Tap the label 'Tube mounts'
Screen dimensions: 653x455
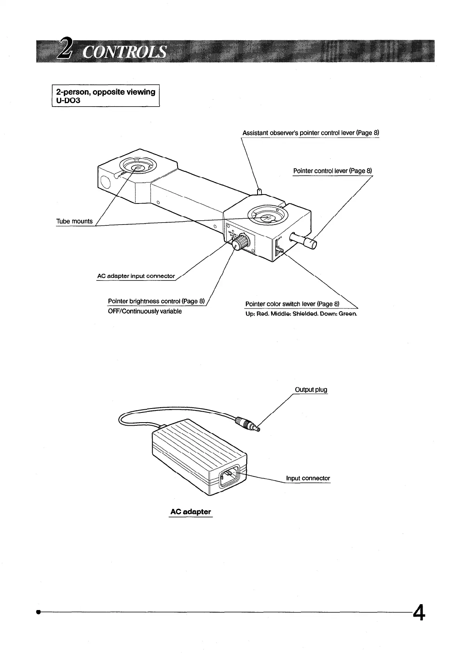tap(75, 221)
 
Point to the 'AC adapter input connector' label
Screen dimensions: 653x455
tap(136, 276)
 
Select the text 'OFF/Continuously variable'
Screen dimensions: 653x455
tap(144, 311)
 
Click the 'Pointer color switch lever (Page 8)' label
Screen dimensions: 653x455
tap(293, 304)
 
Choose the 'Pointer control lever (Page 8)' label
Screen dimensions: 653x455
tap(332, 171)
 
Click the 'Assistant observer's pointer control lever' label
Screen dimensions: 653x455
tap(311, 133)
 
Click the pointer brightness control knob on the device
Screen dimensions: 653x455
tap(239, 244)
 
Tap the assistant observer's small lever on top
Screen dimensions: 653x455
tap(259, 191)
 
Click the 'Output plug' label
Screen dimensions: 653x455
tap(311, 390)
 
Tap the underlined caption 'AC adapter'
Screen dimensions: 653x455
tap(190, 512)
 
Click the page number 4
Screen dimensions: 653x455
tap(418, 613)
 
